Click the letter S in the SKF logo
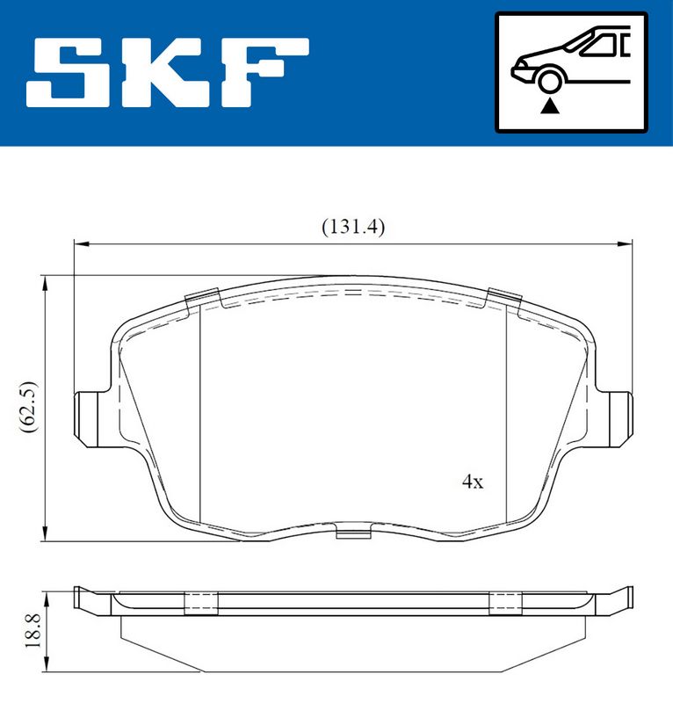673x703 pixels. (68, 73)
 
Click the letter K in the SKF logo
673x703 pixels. (163, 73)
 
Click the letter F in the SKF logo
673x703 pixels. (264, 73)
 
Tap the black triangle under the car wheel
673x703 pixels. (549, 106)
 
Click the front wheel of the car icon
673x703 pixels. (550, 82)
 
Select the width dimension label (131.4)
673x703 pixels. (353, 228)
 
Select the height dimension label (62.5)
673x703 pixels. (29, 407)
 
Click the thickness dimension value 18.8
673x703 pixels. (33, 631)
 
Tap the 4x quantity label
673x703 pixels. (473, 482)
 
